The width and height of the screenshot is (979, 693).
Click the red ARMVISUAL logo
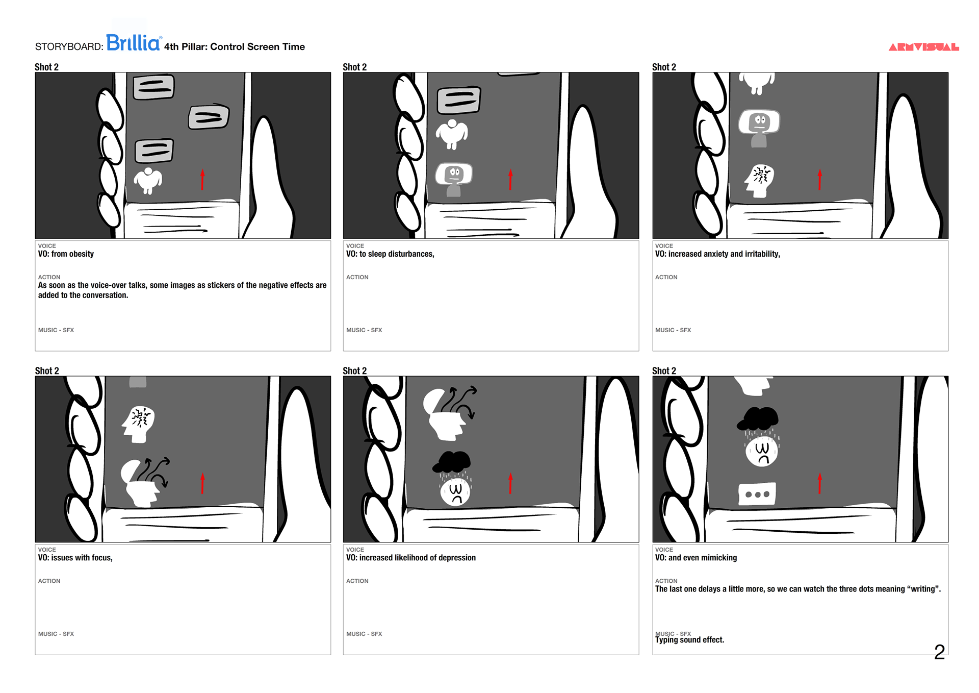coord(923,47)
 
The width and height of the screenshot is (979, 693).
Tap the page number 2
coord(939,652)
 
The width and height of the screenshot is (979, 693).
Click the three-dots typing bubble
coord(757,494)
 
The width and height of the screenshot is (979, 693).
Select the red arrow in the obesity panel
coord(202,180)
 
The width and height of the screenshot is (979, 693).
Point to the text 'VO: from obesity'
coord(66,254)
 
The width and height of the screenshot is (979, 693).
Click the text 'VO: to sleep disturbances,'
coord(390,254)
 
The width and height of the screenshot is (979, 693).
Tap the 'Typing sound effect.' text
coord(689,640)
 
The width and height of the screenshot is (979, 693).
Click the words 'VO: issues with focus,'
coord(75,558)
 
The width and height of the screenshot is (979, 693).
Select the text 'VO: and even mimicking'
coord(696,558)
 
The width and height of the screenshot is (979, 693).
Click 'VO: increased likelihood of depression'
coord(410,558)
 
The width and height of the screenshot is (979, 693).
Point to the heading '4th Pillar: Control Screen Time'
coord(235,47)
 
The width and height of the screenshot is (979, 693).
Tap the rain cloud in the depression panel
coord(452,462)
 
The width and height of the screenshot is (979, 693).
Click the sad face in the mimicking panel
coord(762,451)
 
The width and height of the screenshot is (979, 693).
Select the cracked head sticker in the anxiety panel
coord(759,181)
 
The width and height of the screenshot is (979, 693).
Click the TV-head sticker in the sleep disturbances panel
coord(454,179)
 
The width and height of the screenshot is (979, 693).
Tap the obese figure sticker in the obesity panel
coord(148,181)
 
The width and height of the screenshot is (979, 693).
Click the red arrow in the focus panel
coord(202,483)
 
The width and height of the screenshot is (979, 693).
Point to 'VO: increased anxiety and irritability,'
coord(717,254)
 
